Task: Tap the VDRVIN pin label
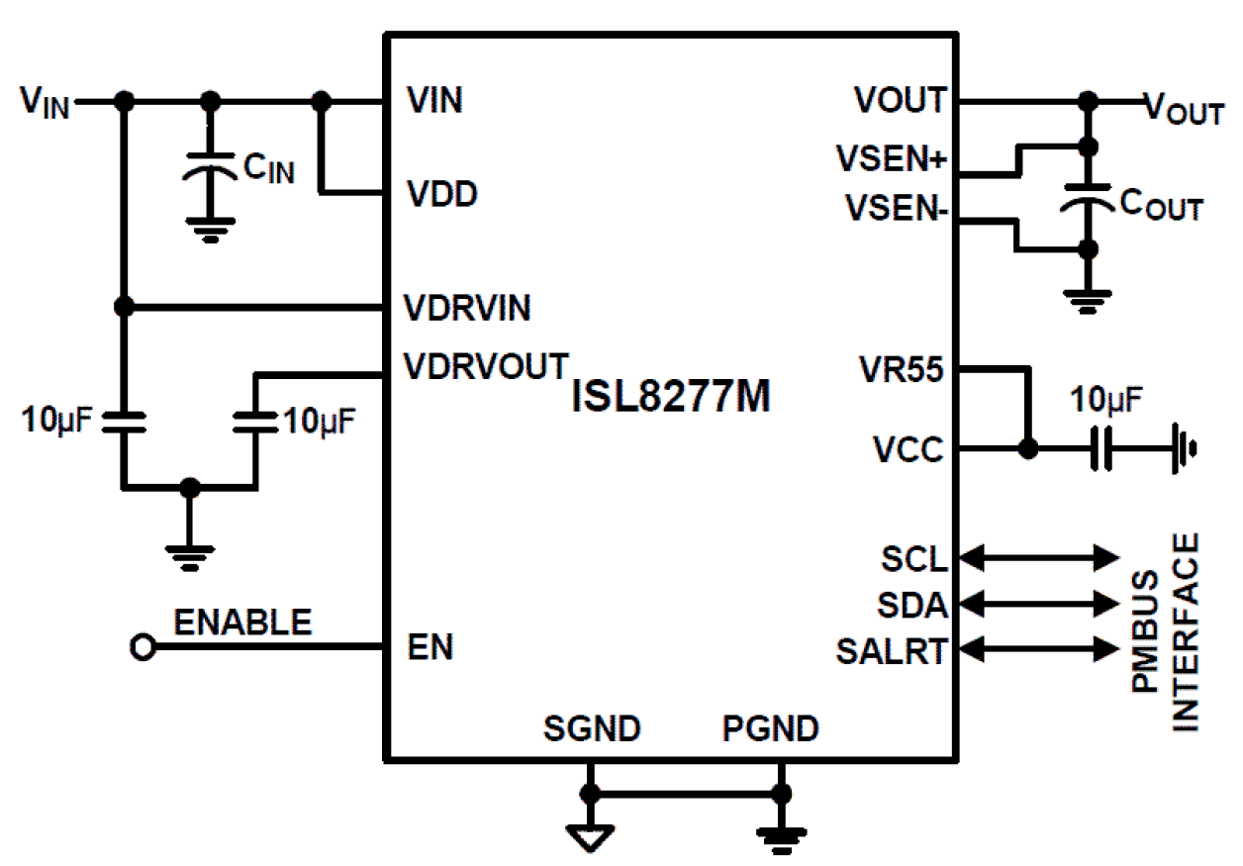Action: [x=468, y=308]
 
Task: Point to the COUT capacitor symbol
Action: [x=1088, y=197]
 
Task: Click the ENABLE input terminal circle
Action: [x=143, y=648]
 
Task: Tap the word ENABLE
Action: [x=242, y=623]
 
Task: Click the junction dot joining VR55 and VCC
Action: [x=1028, y=449]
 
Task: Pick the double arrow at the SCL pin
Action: [x=1039, y=557]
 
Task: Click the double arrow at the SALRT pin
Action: [x=1039, y=649]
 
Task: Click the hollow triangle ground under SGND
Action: [x=590, y=837]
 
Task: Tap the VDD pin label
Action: [x=442, y=195]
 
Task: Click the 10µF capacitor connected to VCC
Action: [x=1100, y=449]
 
